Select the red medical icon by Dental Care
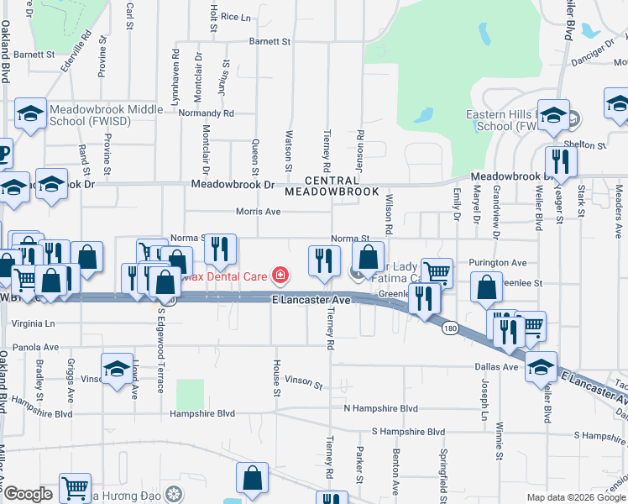pyautogui.click(x=278, y=276)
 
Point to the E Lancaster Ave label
pyautogui.click(x=310, y=300)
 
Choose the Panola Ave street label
pyautogui.click(x=35, y=346)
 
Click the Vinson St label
pyautogui.click(x=303, y=384)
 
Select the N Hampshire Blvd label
pyautogui.click(x=380, y=408)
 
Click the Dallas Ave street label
pyautogui.click(x=496, y=367)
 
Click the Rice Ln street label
pyautogui.click(x=235, y=17)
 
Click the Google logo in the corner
pyautogui.click(x=28, y=494)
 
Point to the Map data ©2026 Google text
pyautogui.click(x=575, y=497)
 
